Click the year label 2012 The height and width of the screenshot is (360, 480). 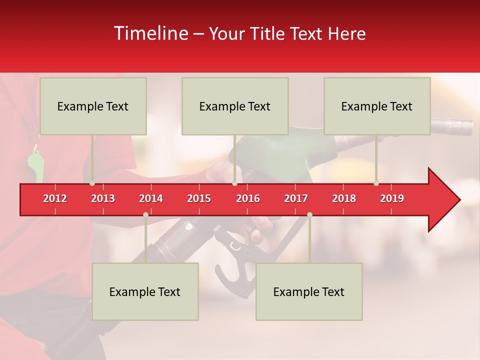pyautogui.click(x=55, y=198)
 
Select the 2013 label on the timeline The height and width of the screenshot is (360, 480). pyautogui.click(x=103, y=198)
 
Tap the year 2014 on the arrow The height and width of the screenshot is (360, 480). pyautogui.click(x=151, y=198)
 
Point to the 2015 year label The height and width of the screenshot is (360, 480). pyautogui.click(x=199, y=198)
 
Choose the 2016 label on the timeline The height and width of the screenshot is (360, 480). pyautogui.click(x=248, y=198)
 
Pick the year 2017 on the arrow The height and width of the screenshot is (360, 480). pyautogui.click(x=296, y=198)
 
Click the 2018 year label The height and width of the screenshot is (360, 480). pyautogui.click(x=344, y=198)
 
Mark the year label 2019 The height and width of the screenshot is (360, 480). pyautogui.click(x=392, y=198)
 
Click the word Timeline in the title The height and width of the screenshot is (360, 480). pyautogui.click(x=150, y=33)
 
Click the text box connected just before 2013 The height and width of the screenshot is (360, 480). pyautogui.click(x=93, y=106)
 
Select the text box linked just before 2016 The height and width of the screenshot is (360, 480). pyautogui.click(x=235, y=106)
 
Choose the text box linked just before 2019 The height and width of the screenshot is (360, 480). pyautogui.click(x=377, y=106)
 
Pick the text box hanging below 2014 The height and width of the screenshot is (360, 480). pyautogui.click(x=145, y=291)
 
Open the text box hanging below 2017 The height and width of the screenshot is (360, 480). pyautogui.click(x=309, y=291)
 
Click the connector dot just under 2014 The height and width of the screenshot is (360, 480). pyautogui.click(x=145, y=214)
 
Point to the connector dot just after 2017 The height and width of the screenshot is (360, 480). pyautogui.click(x=309, y=214)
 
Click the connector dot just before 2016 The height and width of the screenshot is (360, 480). pyautogui.click(x=234, y=183)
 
